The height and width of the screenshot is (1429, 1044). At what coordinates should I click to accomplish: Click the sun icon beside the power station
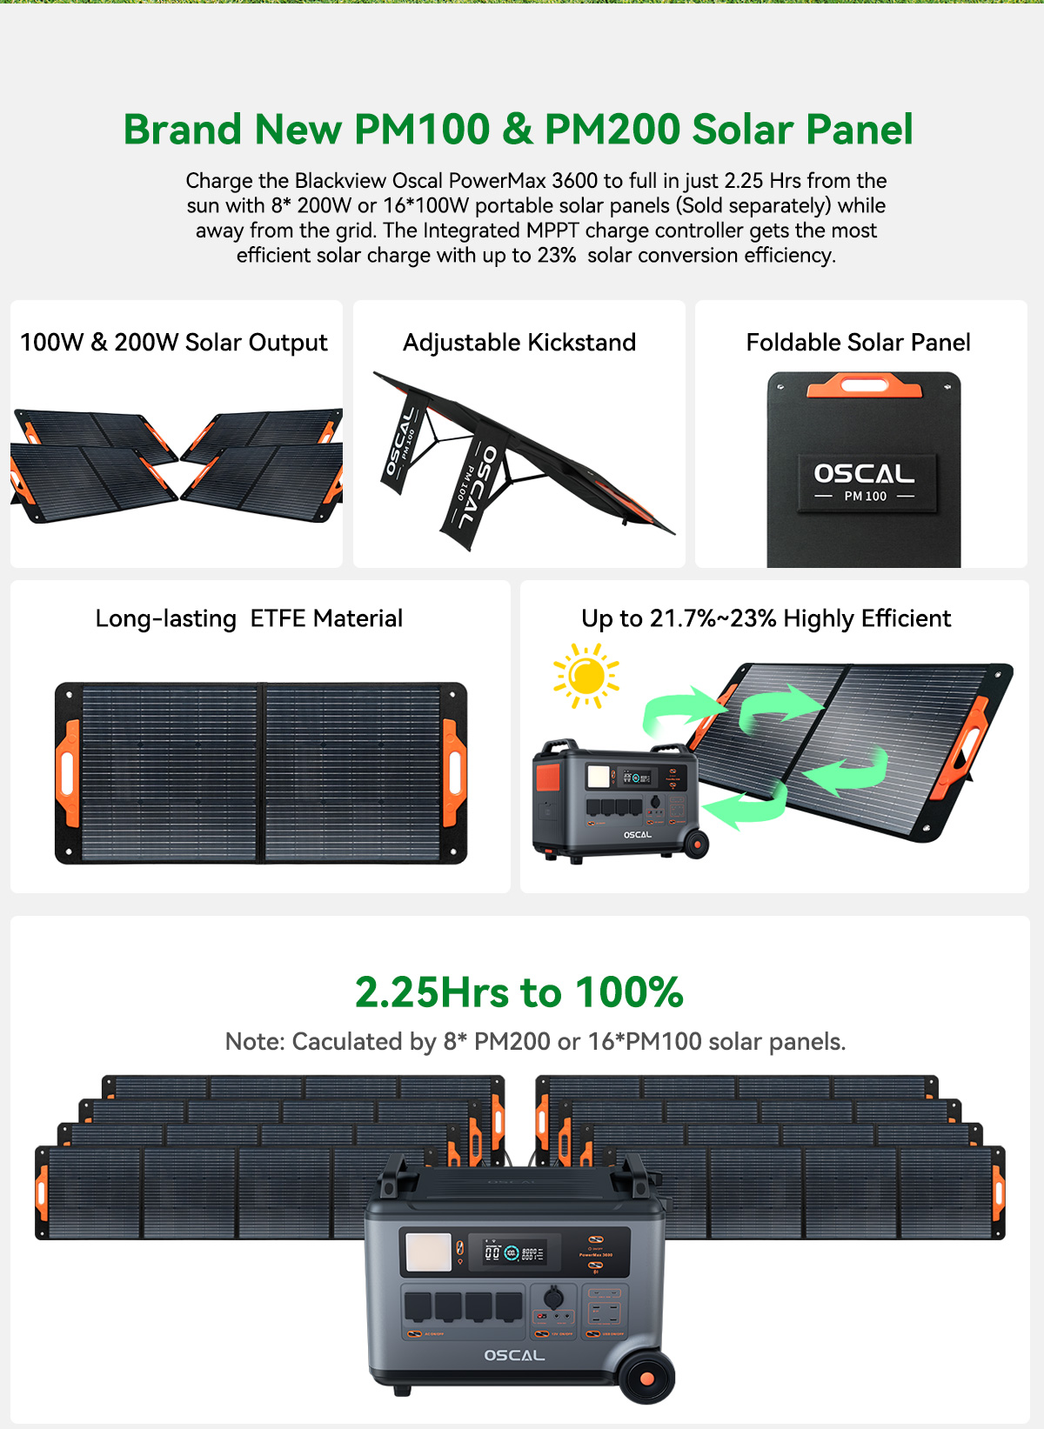point(586,676)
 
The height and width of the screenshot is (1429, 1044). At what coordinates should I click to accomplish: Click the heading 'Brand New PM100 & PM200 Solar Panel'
point(518,130)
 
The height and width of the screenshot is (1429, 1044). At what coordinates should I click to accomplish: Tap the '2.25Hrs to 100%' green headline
point(519,992)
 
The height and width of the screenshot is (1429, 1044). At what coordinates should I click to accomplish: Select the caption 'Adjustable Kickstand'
point(519,343)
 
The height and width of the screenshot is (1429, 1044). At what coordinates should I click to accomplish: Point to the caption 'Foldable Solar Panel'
point(858,343)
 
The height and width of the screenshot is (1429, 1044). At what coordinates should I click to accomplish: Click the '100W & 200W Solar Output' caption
point(174,343)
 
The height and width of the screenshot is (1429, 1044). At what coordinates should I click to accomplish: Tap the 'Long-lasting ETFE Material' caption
point(249,618)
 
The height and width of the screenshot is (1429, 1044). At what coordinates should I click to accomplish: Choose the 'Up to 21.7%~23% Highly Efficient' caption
point(766,618)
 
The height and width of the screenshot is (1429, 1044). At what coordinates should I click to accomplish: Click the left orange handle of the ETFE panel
point(67,772)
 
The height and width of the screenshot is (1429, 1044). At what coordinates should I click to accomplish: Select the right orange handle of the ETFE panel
point(454,772)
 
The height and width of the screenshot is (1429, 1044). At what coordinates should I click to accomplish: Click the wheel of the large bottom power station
point(646,1378)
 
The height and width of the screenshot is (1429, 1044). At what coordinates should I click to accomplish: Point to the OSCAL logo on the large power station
point(514,1355)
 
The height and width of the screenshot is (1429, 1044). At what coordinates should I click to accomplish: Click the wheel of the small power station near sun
point(696,844)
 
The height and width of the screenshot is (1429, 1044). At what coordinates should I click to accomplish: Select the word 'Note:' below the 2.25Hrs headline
point(255,1042)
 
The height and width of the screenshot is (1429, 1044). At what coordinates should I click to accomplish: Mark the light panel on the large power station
point(428,1252)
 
